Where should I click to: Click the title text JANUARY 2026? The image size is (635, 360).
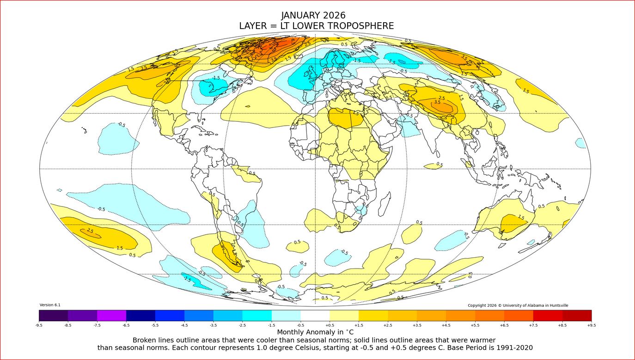(313, 15)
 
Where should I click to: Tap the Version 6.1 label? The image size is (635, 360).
(50, 305)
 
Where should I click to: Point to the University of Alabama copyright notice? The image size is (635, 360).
(518, 305)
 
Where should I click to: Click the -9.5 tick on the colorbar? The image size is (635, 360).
(39, 325)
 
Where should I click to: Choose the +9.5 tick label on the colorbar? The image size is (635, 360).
(591, 325)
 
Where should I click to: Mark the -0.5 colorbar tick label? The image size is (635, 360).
(300, 325)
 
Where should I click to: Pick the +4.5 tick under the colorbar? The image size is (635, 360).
(446, 325)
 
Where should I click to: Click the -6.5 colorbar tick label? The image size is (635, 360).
(126, 325)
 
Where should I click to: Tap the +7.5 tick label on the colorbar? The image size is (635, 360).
(533, 325)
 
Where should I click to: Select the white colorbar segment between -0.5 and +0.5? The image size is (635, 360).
(315, 315)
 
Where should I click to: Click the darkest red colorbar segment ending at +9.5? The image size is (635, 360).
(577, 315)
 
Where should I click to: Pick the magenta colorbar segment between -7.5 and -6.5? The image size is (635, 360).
(111, 315)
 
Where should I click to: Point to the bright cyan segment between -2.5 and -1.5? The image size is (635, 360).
(257, 315)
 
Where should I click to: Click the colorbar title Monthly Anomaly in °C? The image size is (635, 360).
(315, 332)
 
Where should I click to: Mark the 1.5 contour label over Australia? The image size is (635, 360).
(521, 217)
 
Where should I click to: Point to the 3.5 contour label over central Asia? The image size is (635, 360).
(437, 102)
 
